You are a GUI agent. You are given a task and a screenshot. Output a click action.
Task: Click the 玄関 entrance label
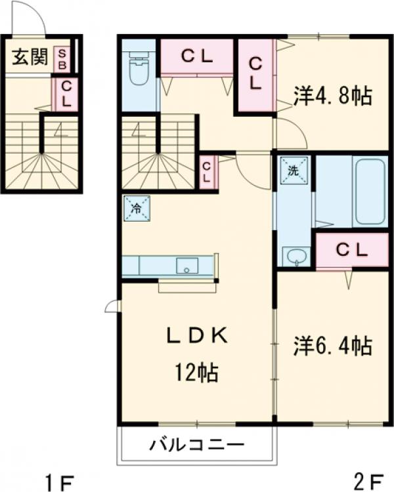(x=30, y=57)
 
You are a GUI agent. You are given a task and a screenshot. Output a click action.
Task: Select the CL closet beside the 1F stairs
(x=67, y=94)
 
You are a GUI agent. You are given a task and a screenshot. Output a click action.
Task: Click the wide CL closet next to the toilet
(x=197, y=57)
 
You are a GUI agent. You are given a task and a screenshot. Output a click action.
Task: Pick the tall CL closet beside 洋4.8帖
(x=255, y=74)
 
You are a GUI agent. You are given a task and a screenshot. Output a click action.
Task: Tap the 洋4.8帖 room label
(x=333, y=96)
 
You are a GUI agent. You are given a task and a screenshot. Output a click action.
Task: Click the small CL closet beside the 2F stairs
(x=207, y=173)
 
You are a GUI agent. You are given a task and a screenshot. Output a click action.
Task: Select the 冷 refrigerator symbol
(x=137, y=209)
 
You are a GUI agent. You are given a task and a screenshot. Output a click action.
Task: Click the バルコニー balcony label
(x=197, y=445)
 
